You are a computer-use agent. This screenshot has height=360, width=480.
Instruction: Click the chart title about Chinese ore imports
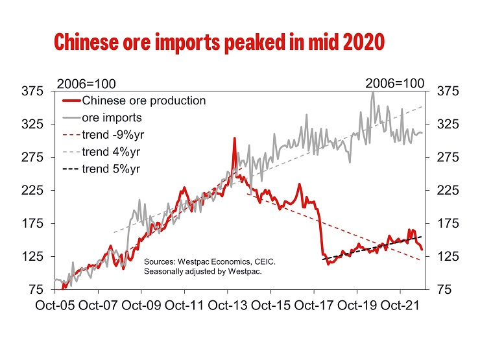(x=220, y=42)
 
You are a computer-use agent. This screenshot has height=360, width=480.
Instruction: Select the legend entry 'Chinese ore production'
(x=143, y=101)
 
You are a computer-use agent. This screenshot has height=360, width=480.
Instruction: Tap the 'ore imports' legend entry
(x=112, y=118)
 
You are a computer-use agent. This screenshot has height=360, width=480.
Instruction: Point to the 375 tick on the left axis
(x=33, y=91)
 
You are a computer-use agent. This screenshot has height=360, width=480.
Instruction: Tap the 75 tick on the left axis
(x=36, y=289)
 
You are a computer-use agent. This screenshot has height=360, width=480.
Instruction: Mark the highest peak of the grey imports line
(x=372, y=92)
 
